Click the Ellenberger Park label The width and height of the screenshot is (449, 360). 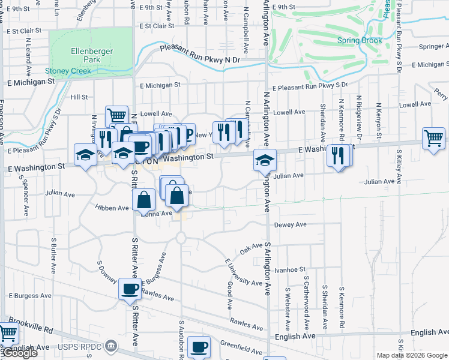point(91,55)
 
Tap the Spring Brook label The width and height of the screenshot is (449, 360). point(360,41)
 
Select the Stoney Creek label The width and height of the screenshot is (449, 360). point(68,71)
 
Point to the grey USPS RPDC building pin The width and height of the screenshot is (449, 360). point(110,346)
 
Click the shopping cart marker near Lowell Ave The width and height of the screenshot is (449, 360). point(116,115)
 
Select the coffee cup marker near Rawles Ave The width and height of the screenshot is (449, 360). point(130,289)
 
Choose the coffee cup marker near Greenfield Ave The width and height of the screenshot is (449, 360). point(199,346)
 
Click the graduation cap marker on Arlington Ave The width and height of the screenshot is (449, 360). point(264,160)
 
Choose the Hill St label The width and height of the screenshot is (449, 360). point(79,97)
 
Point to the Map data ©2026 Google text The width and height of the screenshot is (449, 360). point(411,355)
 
